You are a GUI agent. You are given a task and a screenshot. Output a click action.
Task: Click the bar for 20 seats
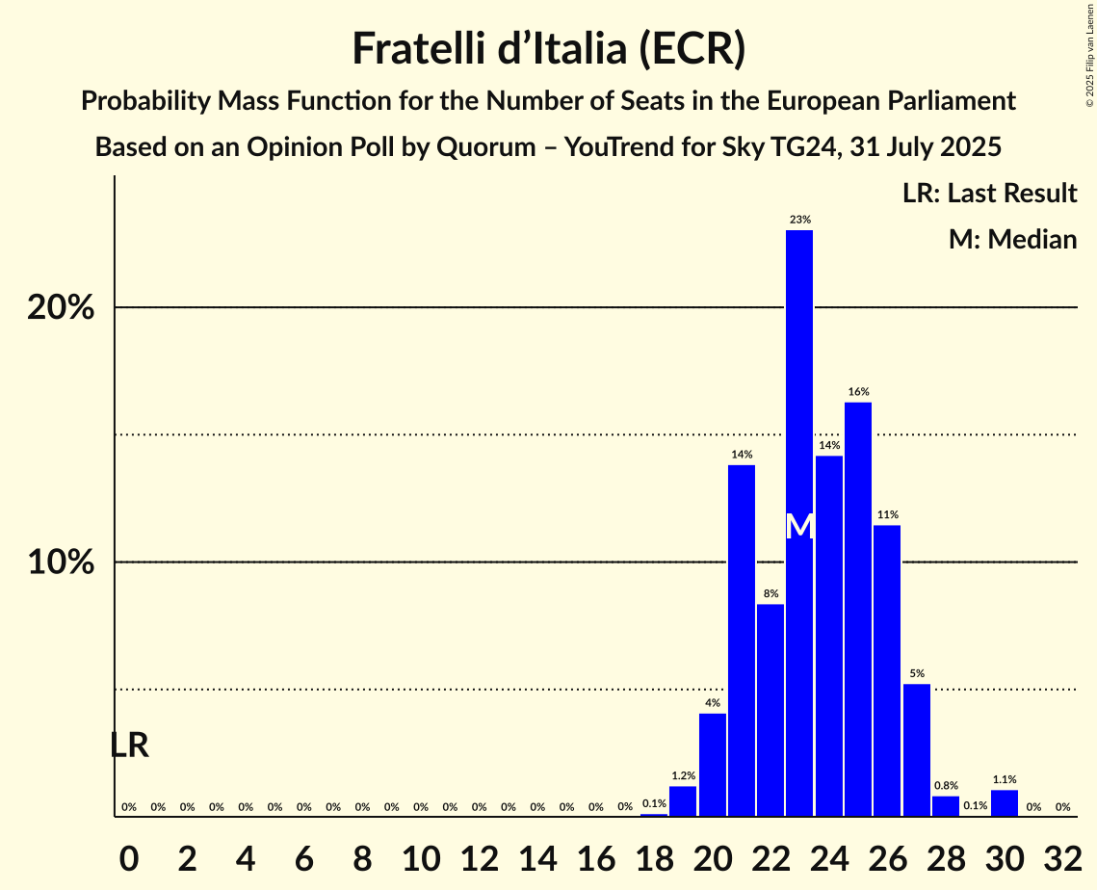pos(713,765)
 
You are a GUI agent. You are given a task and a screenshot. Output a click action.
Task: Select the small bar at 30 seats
pos(1005,803)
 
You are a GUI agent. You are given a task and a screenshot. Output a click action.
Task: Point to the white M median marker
pos(799,527)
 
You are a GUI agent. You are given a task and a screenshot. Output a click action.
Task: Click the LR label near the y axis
pos(129,746)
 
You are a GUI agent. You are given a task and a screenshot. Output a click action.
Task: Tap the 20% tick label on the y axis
pos(61,308)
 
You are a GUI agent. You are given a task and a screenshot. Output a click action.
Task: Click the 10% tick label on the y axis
pos(61,563)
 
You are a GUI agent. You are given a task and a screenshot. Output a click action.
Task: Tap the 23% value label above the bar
pos(799,220)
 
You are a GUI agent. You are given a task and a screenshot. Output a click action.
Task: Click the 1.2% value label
pos(683,775)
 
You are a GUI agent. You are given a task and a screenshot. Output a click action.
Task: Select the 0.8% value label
pos(946,786)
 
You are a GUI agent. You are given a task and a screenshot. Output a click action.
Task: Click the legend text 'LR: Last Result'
pos(989,194)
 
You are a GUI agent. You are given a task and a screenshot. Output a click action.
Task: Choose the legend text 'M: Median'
pos(1012,239)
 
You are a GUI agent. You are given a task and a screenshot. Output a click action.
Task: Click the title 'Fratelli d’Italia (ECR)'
pos(548,49)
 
